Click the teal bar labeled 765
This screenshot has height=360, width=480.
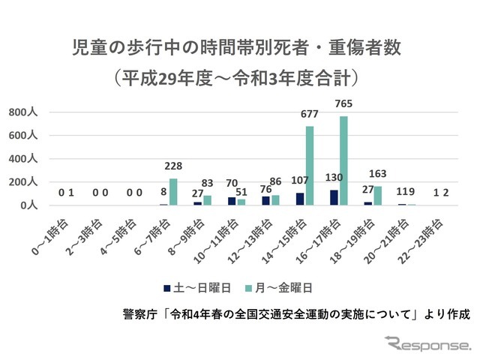(343, 160)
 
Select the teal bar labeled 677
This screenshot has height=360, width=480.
(309, 166)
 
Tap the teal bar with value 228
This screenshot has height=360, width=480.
(173, 191)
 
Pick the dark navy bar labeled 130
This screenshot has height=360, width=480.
(334, 197)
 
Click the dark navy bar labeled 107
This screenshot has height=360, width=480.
(299, 199)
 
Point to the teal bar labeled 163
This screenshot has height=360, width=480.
(378, 195)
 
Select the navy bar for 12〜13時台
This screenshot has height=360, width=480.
(265, 200)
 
